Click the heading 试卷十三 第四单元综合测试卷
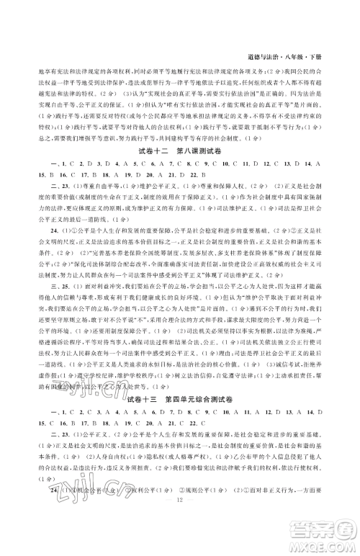[180, 398]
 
